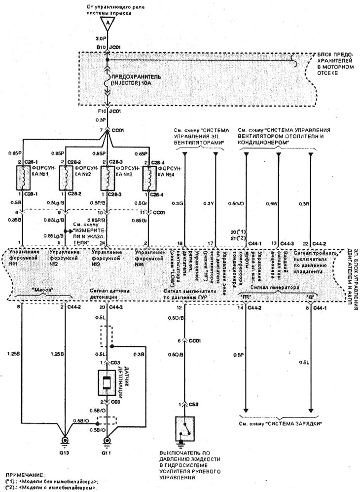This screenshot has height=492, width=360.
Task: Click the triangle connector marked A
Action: click(x=107, y=23)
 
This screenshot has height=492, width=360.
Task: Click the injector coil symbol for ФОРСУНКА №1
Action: click(x=22, y=177)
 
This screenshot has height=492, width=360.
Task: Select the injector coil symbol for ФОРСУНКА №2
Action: click(x=64, y=177)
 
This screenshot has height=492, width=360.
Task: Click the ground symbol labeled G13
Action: click(x=64, y=441)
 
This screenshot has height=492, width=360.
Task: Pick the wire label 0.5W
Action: click(x=271, y=203)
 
